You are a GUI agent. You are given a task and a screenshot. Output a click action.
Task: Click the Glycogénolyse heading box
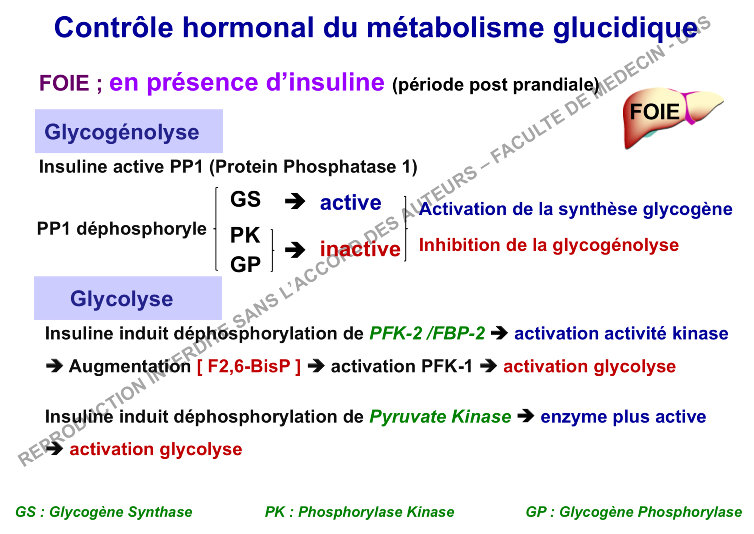129,131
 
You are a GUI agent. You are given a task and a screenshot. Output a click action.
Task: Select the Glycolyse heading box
128,298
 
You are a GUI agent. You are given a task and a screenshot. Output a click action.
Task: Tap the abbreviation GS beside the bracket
245,199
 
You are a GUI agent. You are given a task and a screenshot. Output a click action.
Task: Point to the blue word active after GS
351,203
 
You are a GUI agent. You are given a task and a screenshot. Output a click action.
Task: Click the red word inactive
360,249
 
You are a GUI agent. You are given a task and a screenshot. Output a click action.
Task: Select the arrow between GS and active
295,201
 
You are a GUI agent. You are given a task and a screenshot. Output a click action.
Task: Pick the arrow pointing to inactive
295,250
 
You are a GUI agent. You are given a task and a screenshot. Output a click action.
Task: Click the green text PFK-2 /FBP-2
427,334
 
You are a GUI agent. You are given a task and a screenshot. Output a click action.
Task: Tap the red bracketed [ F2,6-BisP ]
249,366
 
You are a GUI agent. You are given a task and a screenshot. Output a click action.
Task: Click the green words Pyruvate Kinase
440,417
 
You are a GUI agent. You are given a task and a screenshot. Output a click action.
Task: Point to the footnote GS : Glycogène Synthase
104,512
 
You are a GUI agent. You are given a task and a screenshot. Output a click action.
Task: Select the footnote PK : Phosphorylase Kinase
360,512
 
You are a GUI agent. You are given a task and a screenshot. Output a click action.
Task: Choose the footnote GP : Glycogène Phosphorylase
634,512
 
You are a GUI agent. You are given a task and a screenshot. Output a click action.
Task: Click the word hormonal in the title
248,28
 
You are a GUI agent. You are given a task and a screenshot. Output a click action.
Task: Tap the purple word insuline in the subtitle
336,82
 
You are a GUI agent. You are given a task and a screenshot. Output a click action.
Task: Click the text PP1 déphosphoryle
122,229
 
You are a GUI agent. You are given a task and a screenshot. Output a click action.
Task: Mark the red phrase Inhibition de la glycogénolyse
549,245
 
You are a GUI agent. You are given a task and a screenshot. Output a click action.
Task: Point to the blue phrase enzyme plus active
623,417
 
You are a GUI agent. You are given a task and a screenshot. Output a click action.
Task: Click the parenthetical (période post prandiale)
496,85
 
